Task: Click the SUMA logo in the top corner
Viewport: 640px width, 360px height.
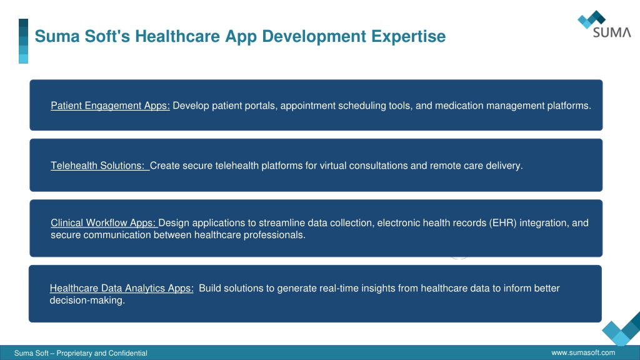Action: point(604,24)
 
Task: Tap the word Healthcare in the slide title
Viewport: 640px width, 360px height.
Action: point(177,36)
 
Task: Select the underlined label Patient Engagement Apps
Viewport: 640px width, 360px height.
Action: point(110,106)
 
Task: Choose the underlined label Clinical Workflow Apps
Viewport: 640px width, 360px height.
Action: point(103,223)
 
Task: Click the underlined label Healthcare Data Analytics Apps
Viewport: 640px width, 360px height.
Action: point(122,288)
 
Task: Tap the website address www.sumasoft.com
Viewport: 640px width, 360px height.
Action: point(583,352)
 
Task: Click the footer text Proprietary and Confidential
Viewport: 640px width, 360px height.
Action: point(102,353)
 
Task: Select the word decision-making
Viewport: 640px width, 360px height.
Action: point(87,301)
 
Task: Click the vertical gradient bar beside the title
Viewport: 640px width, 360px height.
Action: point(23,41)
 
